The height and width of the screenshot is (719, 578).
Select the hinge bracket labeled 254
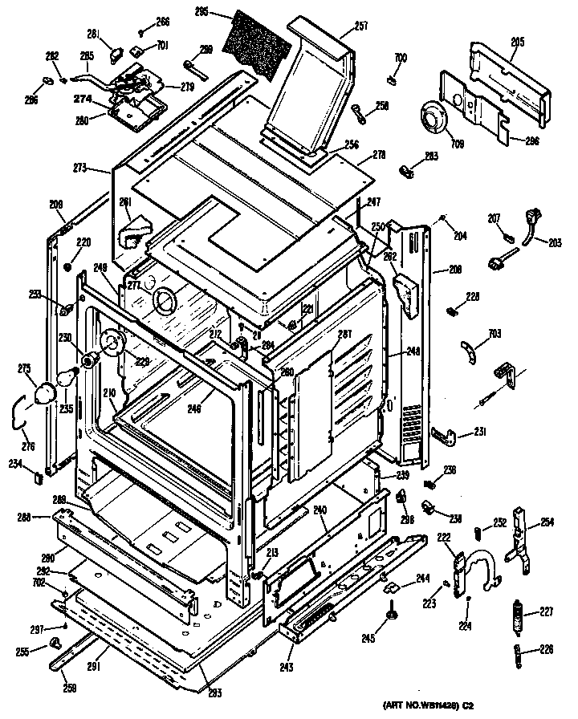click(x=521, y=538)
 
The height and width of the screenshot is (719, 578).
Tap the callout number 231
click(x=480, y=433)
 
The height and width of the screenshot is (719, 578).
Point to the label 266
click(x=162, y=22)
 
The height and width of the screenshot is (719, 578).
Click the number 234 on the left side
click(x=15, y=462)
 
